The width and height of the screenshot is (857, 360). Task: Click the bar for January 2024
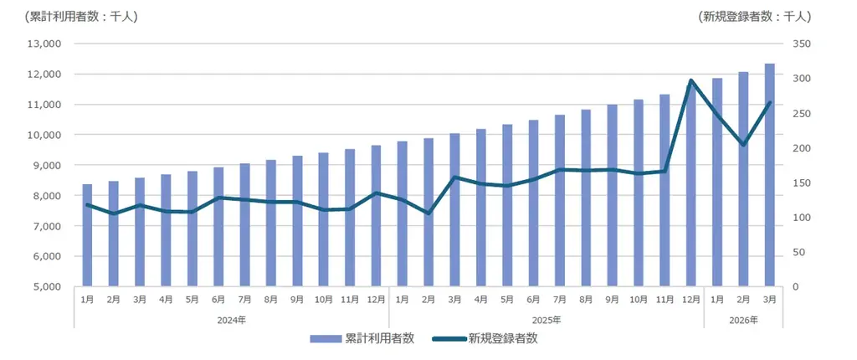(87, 235)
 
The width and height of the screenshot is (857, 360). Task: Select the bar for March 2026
(769, 175)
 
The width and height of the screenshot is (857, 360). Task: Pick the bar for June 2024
(218, 227)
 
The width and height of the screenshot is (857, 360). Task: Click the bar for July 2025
(560, 201)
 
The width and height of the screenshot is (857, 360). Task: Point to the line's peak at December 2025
(690, 81)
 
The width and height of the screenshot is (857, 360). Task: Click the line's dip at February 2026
(743, 145)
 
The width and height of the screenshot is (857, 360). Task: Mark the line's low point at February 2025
(428, 213)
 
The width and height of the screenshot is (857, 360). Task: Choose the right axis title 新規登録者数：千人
(753, 16)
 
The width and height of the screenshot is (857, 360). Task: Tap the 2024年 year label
(231, 320)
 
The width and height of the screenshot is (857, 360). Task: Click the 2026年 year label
(743, 320)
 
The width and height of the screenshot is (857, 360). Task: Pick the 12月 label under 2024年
(376, 299)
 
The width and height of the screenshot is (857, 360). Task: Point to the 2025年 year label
(547, 320)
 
